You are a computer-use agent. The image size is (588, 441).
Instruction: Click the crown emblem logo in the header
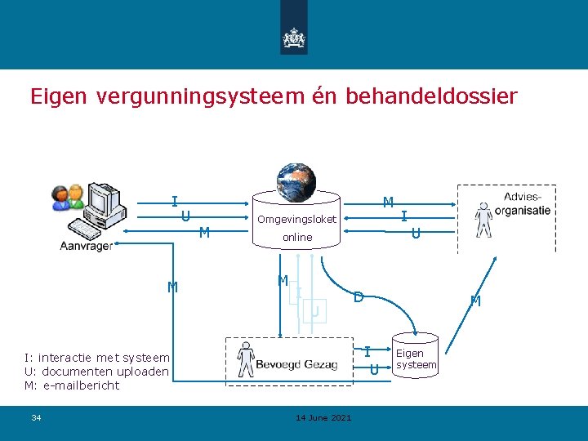(x=294, y=37)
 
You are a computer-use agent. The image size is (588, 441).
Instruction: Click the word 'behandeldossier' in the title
(x=431, y=96)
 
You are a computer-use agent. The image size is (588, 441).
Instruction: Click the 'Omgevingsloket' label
(x=296, y=219)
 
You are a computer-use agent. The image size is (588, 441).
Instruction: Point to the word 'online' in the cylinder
(x=297, y=237)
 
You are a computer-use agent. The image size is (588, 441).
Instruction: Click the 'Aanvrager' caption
(x=86, y=246)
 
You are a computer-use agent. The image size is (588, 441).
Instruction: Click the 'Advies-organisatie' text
(x=527, y=203)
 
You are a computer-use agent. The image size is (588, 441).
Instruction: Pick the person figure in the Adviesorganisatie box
(x=484, y=219)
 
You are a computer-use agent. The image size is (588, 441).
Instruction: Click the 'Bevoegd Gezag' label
(x=296, y=364)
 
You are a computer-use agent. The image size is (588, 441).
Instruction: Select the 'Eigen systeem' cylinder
(x=415, y=358)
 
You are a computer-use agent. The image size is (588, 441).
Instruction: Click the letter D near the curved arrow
(x=358, y=297)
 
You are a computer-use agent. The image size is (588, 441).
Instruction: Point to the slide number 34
(x=36, y=418)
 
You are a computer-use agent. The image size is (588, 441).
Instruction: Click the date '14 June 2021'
(x=323, y=418)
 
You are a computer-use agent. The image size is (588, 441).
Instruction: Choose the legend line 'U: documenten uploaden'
(x=96, y=372)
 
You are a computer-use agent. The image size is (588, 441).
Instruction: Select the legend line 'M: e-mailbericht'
(x=72, y=385)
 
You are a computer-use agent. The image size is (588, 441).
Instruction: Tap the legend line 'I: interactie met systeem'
(x=97, y=357)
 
